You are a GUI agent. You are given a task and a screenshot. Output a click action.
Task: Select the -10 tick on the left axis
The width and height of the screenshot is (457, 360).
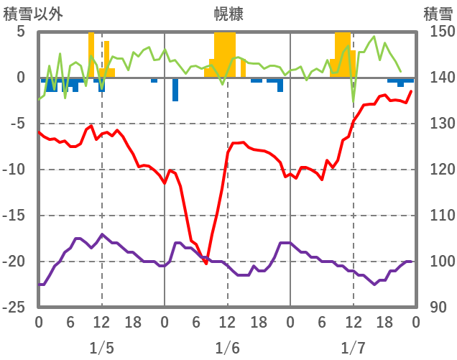pos(17,170)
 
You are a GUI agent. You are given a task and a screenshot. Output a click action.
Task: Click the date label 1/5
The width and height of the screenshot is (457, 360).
pos(101,348)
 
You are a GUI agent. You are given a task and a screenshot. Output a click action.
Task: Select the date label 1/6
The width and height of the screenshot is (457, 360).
pos(227,348)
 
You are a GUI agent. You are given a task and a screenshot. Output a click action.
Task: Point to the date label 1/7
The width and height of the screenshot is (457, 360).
pos(353,348)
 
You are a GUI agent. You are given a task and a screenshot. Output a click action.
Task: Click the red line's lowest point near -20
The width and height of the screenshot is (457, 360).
pos(206,264)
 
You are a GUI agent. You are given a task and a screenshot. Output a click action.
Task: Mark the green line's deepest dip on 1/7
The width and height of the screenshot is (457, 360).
pos(353,105)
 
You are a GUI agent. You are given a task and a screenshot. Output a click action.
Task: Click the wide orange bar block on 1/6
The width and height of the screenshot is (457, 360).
pos(224,55)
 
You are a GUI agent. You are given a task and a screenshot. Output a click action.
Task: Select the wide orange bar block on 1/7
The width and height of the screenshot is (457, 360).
pos(343,55)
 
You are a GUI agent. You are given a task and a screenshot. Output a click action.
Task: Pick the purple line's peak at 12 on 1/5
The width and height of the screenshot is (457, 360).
pos(102,234)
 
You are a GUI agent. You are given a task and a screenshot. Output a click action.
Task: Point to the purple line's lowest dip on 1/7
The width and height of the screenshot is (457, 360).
pos(374,285)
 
